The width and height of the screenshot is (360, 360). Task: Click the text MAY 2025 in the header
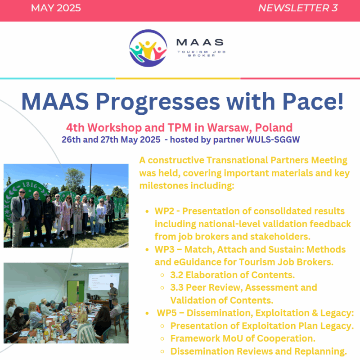(x=56, y=8)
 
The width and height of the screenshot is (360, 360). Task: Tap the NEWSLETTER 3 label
(x=298, y=8)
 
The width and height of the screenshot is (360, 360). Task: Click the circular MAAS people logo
(x=148, y=48)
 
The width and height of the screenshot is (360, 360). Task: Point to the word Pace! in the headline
(x=313, y=101)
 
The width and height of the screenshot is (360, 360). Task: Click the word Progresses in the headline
(x=158, y=102)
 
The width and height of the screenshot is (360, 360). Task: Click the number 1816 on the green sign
(x=30, y=185)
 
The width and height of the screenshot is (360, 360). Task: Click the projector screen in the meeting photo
(x=104, y=281)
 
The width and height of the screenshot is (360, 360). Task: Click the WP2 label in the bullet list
(x=164, y=211)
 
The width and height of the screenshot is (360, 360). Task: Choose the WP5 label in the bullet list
(x=166, y=313)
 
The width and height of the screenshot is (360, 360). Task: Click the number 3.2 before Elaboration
(x=176, y=275)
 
